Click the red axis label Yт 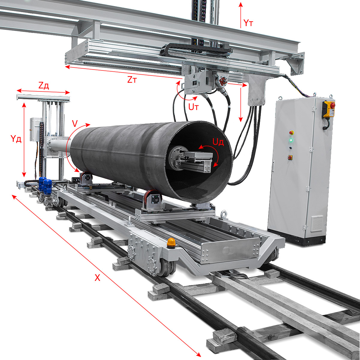coord(248,23)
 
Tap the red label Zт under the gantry coord(132,80)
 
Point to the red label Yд coord(16,139)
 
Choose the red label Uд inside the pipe coord(218,142)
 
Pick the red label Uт coord(194,107)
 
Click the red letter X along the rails coord(97,278)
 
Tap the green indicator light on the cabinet coord(291,140)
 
